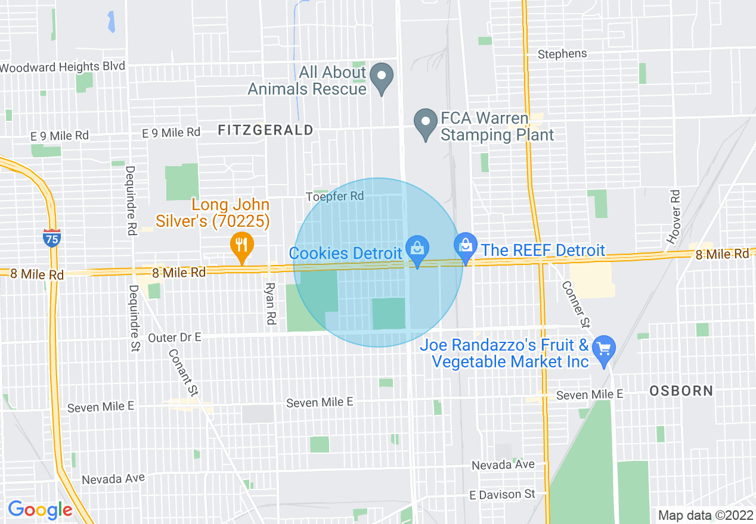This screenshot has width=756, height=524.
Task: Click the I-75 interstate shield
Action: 52,238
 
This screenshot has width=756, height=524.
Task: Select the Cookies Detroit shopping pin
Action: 417,251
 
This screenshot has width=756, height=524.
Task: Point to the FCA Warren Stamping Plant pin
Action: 426,123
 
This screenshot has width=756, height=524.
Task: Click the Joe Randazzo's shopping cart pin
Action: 605,351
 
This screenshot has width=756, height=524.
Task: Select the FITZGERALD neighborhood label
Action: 265,130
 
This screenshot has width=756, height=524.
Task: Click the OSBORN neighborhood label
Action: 681,391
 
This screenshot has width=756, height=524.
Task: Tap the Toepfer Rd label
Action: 334,196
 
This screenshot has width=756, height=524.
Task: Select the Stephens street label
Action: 562,54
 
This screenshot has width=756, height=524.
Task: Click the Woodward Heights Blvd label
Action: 63,67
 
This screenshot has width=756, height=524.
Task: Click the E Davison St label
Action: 502,494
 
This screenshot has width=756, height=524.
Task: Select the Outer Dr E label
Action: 175,338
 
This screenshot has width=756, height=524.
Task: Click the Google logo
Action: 40,510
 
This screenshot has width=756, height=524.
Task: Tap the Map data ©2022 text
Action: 705,515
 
